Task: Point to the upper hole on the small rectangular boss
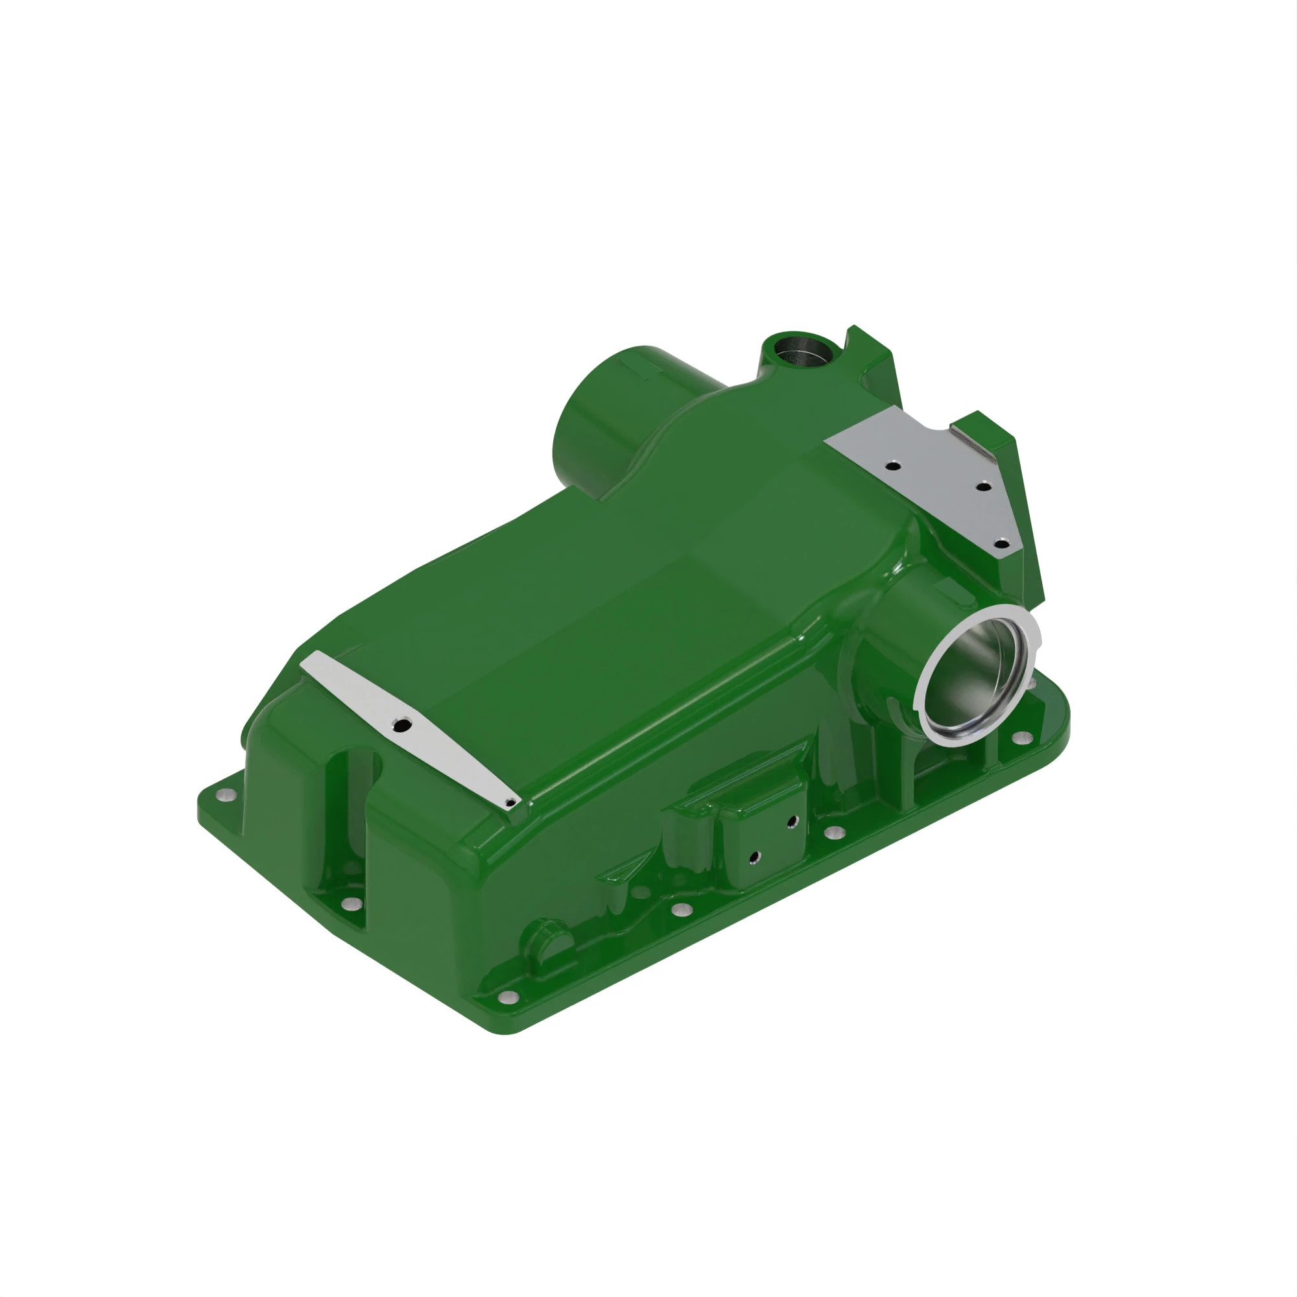(792, 820)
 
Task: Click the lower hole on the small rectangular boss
(755, 857)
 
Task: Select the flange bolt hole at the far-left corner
(224, 795)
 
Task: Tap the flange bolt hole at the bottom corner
(508, 996)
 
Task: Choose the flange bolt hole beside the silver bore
(1023, 738)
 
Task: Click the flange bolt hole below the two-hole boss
(682, 910)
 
